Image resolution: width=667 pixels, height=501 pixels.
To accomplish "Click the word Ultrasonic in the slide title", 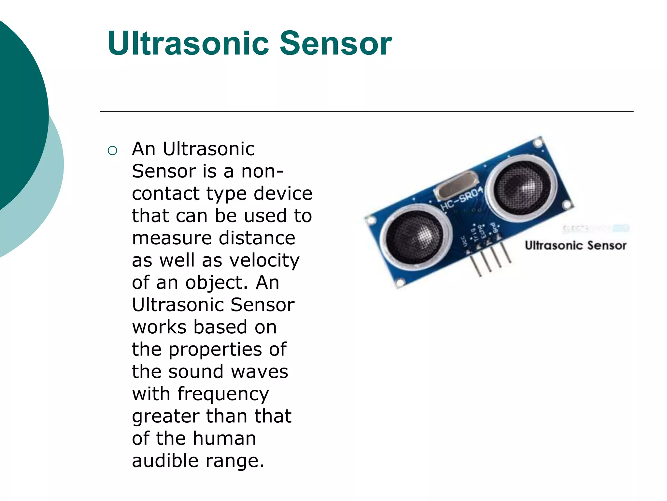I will pos(188,43).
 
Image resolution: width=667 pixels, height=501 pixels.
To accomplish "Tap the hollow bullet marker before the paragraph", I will pos(112,151).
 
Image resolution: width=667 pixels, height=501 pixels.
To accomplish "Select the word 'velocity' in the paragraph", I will pos(264,261).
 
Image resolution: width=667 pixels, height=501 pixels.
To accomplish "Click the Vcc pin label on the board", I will pos(465,242).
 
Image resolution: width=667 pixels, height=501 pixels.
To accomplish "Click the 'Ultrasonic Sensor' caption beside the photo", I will pos(575,245).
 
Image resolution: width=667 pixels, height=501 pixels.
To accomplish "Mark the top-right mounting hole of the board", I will pos(538,143).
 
